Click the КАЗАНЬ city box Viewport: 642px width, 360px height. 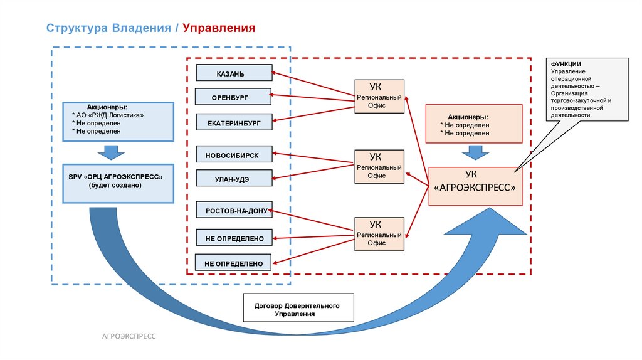[x=234, y=73]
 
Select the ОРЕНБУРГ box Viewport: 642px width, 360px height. [x=233, y=97]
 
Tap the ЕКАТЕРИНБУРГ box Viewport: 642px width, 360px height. [x=234, y=122]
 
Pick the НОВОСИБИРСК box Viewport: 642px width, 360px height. [x=234, y=154]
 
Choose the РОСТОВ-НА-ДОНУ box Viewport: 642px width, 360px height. [x=234, y=210]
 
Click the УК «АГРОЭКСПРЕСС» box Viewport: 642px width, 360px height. [x=475, y=186]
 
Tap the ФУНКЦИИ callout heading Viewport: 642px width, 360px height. [x=566, y=65]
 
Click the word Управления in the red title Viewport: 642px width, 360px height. [x=219, y=28]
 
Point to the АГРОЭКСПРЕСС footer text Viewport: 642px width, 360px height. [x=129, y=337]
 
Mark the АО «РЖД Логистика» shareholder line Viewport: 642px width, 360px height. [x=112, y=115]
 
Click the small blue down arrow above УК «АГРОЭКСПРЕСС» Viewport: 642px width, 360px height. [x=475, y=152]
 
